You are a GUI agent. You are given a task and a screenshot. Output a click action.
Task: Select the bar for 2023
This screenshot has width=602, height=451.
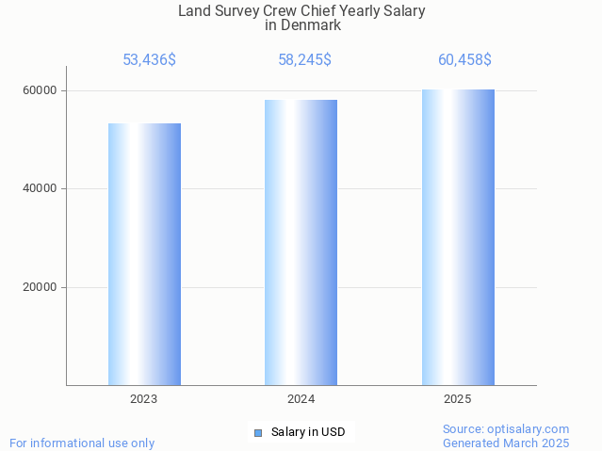pyautogui.click(x=144, y=254)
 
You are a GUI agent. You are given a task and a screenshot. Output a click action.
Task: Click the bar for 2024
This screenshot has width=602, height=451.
pyautogui.click(x=301, y=242)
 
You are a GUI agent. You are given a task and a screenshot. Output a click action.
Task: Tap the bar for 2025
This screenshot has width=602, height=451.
pyautogui.click(x=458, y=237)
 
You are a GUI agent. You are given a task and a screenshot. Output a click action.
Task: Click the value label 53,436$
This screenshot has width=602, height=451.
pyautogui.click(x=149, y=60)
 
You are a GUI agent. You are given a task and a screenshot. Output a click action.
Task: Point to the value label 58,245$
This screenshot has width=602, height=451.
pyautogui.click(x=304, y=60)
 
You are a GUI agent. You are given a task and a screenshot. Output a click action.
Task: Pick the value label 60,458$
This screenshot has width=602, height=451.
pyautogui.click(x=464, y=60)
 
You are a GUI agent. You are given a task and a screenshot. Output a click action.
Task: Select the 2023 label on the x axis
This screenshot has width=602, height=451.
pyautogui.click(x=144, y=399)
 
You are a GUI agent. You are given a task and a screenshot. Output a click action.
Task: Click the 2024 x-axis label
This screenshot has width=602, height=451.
pyautogui.click(x=301, y=399)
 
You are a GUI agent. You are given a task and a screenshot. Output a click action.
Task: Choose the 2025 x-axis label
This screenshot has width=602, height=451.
pyautogui.click(x=458, y=399)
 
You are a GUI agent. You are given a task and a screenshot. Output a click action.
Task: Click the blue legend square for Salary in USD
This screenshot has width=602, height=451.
pyautogui.click(x=257, y=433)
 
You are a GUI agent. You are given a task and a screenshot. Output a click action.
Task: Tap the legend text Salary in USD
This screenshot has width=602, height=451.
pyautogui.click(x=307, y=433)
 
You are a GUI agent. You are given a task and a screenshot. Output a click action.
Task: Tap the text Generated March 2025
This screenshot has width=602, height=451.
pyautogui.click(x=506, y=443)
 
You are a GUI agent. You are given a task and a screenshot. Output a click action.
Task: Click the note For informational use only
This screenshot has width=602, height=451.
pyautogui.click(x=82, y=443)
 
